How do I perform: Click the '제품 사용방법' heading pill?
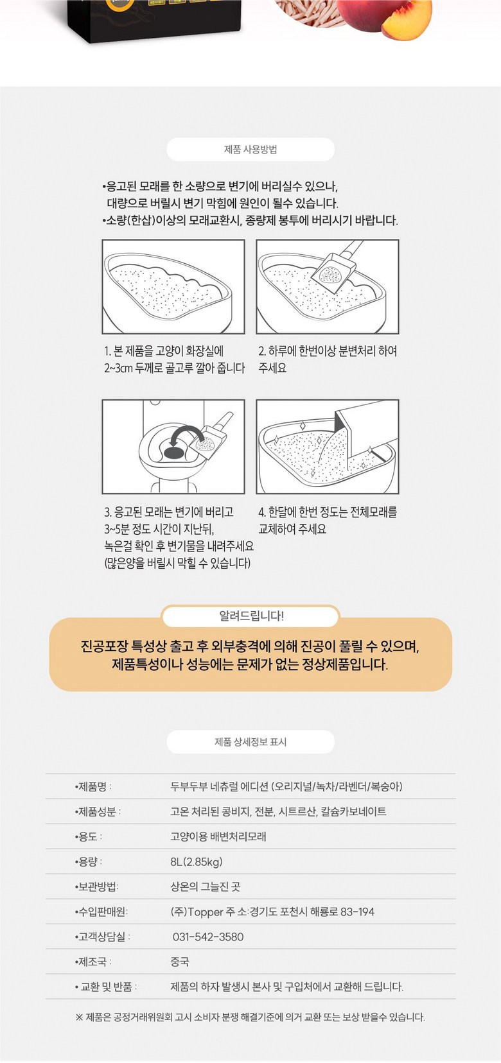(x=251, y=150)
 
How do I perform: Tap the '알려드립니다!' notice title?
(x=251, y=616)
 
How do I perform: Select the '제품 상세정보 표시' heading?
(x=251, y=742)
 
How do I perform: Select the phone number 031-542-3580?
(x=208, y=937)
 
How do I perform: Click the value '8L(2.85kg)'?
(x=196, y=861)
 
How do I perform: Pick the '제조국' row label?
(x=93, y=962)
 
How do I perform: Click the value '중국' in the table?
(x=179, y=962)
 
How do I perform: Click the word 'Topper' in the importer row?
(x=206, y=912)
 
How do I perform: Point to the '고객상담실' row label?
(x=102, y=937)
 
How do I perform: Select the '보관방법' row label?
(x=96, y=886)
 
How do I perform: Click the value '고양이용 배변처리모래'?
(x=218, y=836)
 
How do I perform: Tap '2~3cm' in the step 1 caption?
(x=118, y=368)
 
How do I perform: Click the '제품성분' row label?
(x=98, y=811)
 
